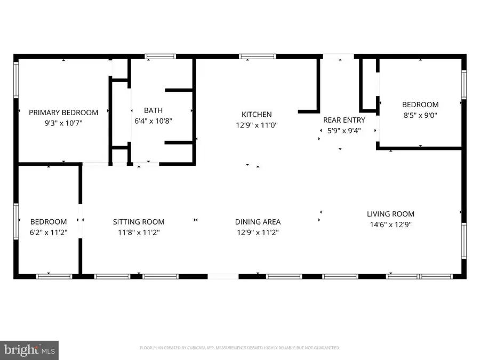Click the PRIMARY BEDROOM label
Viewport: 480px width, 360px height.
(63, 113)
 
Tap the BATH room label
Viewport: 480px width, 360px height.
(153, 110)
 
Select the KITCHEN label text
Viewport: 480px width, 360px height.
(257, 114)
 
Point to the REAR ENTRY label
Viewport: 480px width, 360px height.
(344, 120)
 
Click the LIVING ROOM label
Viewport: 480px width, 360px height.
(390, 214)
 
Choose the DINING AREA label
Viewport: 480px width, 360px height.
(258, 222)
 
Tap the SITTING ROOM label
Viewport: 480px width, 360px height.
(138, 222)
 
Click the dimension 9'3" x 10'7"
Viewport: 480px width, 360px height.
(63, 123)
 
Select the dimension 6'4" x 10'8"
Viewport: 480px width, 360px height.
(153, 121)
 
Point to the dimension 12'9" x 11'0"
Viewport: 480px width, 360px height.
(257, 125)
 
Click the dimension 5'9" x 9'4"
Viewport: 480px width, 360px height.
(344, 130)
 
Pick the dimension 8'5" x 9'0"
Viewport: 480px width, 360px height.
(420, 115)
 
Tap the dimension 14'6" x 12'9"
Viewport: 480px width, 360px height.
(390, 225)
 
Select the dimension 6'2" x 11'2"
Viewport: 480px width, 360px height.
(49, 232)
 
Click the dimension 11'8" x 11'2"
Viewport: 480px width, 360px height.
(138, 232)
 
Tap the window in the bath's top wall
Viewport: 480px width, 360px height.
(161, 56)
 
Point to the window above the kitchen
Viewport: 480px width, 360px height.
(254, 56)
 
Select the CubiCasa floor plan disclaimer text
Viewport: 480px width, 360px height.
(240, 348)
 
